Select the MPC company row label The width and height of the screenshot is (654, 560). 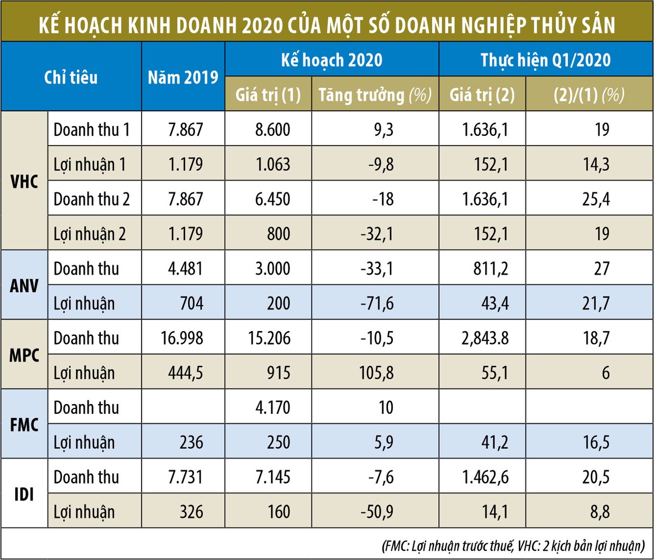click(25, 355)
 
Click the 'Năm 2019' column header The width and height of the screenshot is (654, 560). click(183, 77)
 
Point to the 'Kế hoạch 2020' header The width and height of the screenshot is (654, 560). click(331, 59)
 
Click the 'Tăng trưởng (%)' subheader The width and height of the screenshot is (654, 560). click(374, 95)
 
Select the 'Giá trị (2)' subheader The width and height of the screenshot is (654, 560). click(481, 95)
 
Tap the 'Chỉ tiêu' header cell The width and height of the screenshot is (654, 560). click(71, 77)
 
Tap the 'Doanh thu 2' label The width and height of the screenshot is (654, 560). click(92, 199)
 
